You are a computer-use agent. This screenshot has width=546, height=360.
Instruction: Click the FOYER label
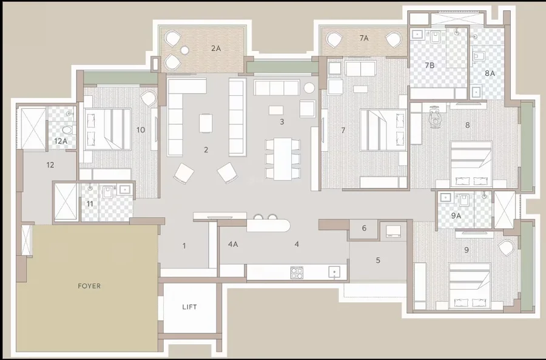tap(89, 286)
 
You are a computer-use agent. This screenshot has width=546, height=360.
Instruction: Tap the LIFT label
tap(189, 307)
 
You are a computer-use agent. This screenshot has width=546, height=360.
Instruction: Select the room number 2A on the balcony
tap(216, 49)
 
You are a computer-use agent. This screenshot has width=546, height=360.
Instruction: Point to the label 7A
tap(364, 38)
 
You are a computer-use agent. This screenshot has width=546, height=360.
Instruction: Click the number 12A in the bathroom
tap(61, 141)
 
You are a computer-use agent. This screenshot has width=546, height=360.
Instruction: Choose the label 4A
tap(233, 244)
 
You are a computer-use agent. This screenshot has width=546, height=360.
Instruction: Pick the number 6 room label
tap(364, 228)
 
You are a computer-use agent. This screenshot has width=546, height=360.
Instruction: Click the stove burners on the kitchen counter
tap(297, 273)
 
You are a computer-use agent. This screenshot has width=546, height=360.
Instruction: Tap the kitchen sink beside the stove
tap(334, 272)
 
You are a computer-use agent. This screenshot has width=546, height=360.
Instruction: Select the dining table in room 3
tap(282, 159)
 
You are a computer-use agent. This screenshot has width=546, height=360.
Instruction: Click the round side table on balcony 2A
tap(184, 50)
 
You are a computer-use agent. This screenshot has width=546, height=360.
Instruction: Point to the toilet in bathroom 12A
tap(67, 130)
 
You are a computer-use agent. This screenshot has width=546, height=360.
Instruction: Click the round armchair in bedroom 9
tap(507, 248)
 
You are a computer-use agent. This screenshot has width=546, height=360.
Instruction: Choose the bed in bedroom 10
tap(107, 129)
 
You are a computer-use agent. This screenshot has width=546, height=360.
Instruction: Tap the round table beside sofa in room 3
tap(309, 88)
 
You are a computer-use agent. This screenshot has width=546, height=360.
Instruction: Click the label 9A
tap(456, 216)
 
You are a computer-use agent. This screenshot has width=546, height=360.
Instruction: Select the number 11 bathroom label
tap(90, 203)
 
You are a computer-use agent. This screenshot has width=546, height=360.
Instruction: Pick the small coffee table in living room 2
tap(206, 123)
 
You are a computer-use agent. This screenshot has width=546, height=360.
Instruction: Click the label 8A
tap(490, 73)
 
